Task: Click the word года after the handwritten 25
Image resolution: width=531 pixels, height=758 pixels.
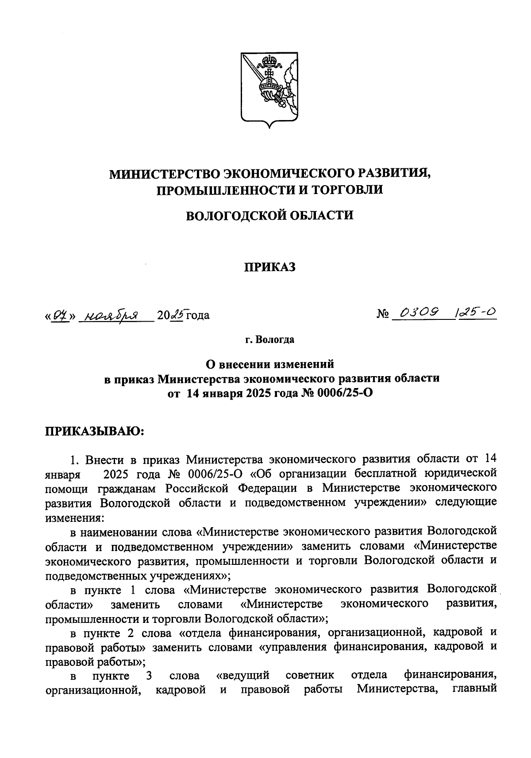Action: click(x=197, y=315)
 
